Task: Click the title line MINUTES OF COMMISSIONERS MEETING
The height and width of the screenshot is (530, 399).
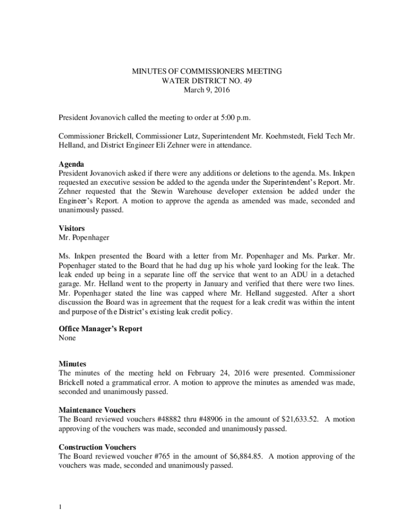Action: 207,71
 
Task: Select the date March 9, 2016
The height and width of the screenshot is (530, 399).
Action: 207,90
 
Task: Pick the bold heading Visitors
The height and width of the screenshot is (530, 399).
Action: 72,228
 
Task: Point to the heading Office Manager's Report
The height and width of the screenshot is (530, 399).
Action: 101,329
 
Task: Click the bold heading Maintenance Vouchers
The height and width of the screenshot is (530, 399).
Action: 97,410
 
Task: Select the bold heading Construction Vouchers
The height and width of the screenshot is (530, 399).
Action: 97,447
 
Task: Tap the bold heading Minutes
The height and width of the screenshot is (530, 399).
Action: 73,364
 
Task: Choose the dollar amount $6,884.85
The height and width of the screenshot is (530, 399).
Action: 246,457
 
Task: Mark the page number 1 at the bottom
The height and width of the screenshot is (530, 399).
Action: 61,507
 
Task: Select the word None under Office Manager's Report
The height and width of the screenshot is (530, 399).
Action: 67,338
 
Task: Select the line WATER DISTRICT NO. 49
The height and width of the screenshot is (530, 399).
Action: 207,81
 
